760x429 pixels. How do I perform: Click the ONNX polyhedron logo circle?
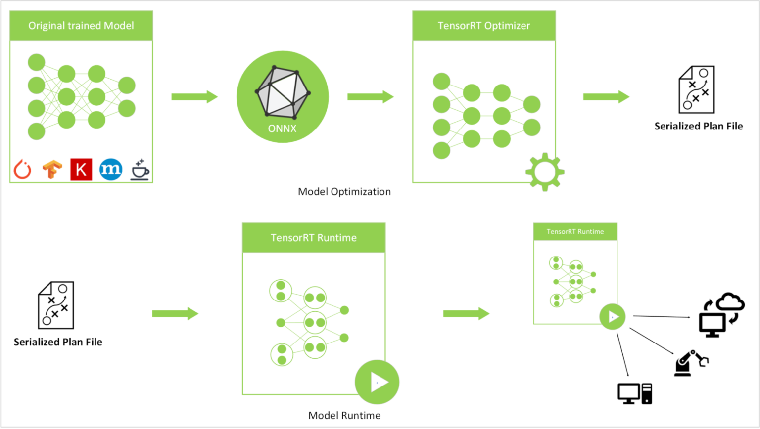click(283, 97)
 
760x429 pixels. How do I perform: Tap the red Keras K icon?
click(81, 170)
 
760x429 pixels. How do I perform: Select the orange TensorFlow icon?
click(52, 170)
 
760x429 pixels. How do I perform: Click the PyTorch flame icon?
click(22, 170)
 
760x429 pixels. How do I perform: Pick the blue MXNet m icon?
click(111, 170)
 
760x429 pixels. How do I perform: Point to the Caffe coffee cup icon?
click(140, 170)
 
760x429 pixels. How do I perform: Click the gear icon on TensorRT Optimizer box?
click(545, 172)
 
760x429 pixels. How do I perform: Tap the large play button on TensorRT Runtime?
click(377, 382)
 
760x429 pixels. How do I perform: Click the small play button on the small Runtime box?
click(613, 316)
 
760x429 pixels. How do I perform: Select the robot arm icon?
click(691, 363)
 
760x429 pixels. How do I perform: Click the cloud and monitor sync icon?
click(720, 315)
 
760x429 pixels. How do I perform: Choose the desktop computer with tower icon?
click(635, 394)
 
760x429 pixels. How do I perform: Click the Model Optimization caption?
click(344, 192)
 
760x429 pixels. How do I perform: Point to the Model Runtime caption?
click(344, 416)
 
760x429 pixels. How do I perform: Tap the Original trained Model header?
click(81, 26)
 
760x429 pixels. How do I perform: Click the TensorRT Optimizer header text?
click(484, 26)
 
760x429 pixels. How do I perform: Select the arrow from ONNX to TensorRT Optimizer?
click(370, 97)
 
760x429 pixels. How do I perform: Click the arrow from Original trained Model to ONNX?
click(194, 97)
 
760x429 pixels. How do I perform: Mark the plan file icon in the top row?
click(697, 89)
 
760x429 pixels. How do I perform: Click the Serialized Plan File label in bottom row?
click(58, 342)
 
